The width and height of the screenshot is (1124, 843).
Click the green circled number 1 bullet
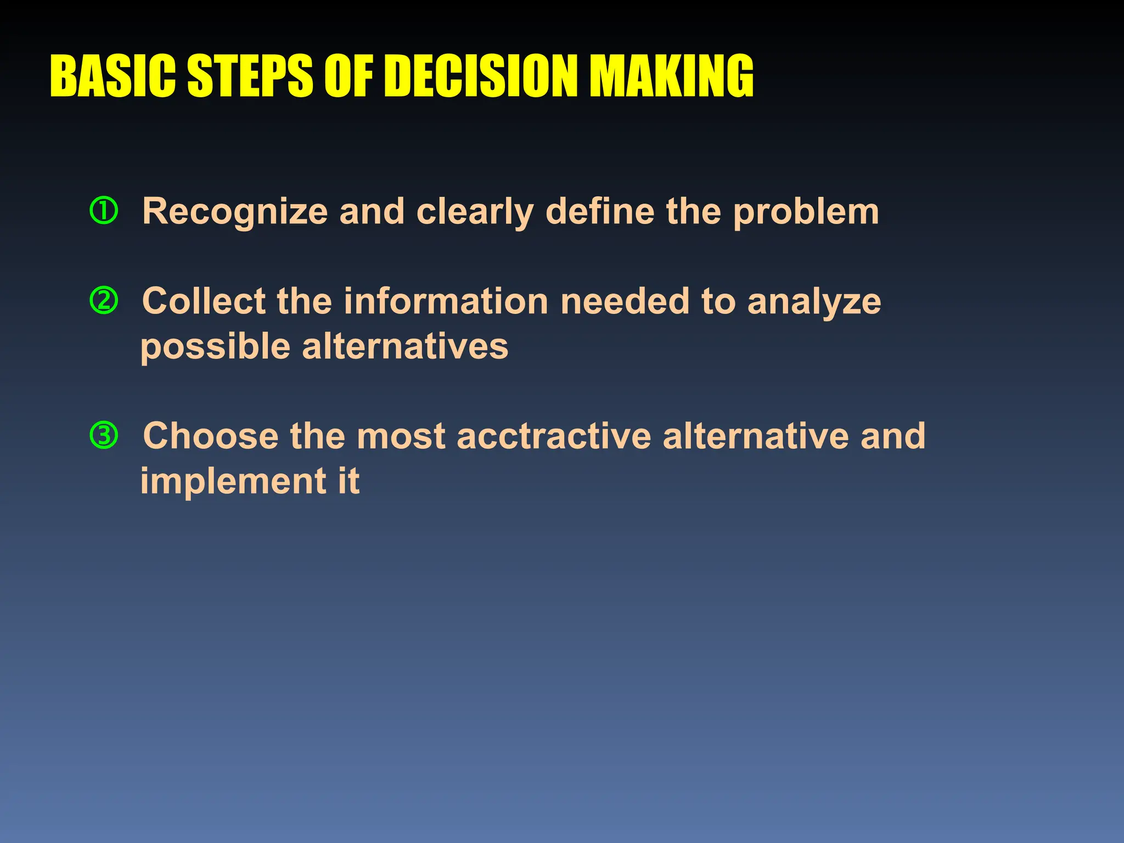click(x=104, y=211)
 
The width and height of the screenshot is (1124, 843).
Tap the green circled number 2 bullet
click(x=104, y=301)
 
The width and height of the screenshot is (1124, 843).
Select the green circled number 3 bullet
click(x=104, y=435)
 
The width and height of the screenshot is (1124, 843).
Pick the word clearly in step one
click(x=475, y=213)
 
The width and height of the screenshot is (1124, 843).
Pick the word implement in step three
click(x=234, y=482)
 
